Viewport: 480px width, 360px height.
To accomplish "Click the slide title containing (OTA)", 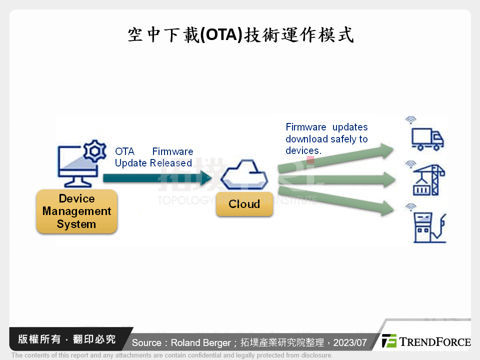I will point(240,34).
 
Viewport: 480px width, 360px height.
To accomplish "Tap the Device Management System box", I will point(76,211).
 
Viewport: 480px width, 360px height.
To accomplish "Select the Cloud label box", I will point(244,204).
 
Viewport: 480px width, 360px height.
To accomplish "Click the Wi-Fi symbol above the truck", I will point(410,120).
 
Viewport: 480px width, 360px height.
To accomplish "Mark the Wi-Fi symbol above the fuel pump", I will point(410,207).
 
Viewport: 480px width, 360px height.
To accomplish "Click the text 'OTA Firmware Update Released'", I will point(153,157).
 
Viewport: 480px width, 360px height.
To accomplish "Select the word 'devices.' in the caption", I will point(303,150).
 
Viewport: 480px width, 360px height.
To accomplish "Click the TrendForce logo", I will point(426,341).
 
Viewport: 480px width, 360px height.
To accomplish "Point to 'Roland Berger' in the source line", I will point(202,343).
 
